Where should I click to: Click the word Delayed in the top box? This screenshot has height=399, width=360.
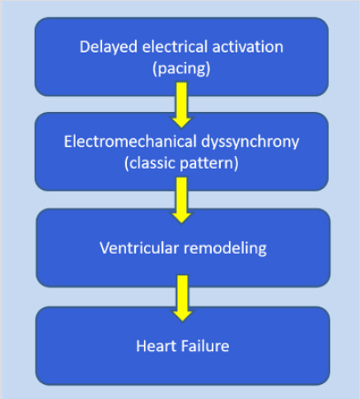[x=103, y=46]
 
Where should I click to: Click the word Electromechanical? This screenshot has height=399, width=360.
[x=120, y=141]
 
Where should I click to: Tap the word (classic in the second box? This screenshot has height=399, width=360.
[x=149, y=162]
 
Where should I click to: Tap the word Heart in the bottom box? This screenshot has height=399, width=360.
[x=154, y=345]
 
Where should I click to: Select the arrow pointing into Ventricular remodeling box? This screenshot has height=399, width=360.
[x=182, y=201]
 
